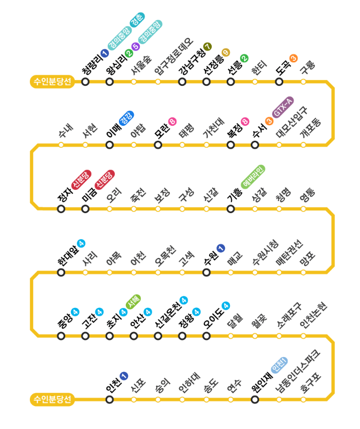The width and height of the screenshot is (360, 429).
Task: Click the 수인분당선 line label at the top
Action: pyautogui.click(x=52, y=82)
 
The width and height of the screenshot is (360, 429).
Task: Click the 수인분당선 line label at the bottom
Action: pyautogui.click(x=52, y=399)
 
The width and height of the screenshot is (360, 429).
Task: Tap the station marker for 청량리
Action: pyautogui.click(x=85, y=82)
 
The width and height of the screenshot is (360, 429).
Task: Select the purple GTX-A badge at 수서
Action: pyautogui.click(x=283, y=108)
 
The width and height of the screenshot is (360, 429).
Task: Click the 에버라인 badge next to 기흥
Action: pyautogui.click(x=253, y=177)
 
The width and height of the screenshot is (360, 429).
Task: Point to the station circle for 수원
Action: pyautogui.click(x=206, y=272)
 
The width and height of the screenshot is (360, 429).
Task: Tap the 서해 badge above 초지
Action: pyautogui.click(x=133, y=302)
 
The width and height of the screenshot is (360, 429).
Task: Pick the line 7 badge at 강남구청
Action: pyautogui.click(x=207, y=46)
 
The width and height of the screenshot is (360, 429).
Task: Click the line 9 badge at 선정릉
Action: pyautogui.click(x=226, y=52)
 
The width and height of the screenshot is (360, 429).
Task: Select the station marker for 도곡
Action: pyautogui.click(x=279, y=82)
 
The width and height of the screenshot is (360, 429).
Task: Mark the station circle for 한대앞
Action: pyautogui.click(x=61, y=272)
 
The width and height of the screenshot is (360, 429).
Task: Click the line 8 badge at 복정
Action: pyautogui.click(x=245, y=122)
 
